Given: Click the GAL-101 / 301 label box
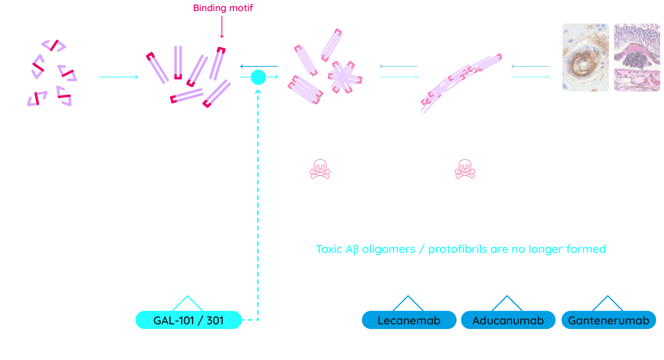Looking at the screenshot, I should coord(189,320).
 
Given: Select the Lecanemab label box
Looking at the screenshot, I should coord(409,320).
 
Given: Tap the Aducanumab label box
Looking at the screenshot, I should coord(508,320).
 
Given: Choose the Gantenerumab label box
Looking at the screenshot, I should coord(608,320).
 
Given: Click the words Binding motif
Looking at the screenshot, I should coord(223,8).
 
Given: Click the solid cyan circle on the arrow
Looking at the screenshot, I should coord(258,77).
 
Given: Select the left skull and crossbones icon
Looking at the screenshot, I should coord(320,169).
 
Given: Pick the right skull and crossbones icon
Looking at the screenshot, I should coord(465,169).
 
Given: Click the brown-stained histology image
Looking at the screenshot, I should coord(585,57).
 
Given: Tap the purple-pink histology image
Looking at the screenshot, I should coord(637,57).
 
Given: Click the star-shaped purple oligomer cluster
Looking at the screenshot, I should coord(345,77).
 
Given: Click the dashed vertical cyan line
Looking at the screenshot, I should coord(258,207).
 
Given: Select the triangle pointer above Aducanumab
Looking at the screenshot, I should coord(507,303).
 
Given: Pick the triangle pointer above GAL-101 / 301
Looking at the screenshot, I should coord(188,303).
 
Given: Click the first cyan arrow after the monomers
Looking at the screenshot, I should coord(119,77).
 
